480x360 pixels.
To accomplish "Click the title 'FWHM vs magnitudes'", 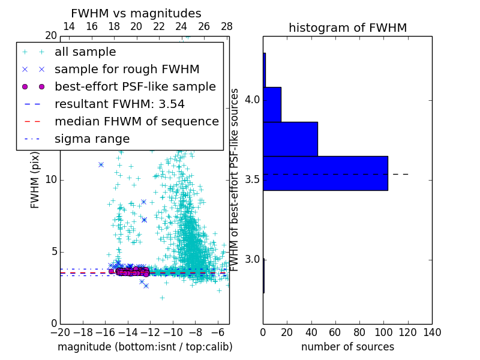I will [x=136, y=13].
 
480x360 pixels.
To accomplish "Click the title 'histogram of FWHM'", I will [x=347, y=28].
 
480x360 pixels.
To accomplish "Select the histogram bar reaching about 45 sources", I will [x=290, y=139].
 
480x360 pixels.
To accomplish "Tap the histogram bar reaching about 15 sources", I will [x=272, y=104].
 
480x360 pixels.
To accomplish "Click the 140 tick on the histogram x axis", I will [x=432, y=332].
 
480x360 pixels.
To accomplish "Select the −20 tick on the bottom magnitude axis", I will [x=60, y=332].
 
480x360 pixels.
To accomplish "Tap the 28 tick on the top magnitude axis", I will [x=227, y=26].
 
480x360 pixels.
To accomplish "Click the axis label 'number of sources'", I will [x=347, y=347].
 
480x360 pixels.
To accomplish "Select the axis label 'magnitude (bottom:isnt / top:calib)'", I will [x=145, y=347].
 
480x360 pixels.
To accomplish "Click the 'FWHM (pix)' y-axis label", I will [x=35, y=180].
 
